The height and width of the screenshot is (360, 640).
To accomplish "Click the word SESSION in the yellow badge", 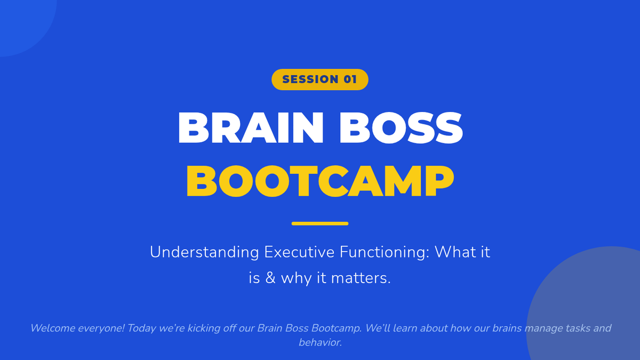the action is tap(310, 79).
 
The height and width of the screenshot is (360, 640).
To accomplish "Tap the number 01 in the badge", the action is tap(350, 79).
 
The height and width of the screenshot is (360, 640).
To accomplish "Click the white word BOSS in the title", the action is tap(401, 127).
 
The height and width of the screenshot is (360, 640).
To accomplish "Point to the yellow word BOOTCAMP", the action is tap(320, 181).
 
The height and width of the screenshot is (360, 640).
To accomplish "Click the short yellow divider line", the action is tap(320, 223).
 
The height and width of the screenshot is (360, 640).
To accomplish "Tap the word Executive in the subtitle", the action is tap(299, 252).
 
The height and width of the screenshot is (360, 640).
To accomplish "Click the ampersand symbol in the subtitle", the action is tap(270, 278).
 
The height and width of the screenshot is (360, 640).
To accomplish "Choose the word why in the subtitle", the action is tap(297, 278).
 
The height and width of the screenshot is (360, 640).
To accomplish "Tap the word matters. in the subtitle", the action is tap(361, 278).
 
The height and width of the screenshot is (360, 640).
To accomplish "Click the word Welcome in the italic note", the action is tap(53, 328).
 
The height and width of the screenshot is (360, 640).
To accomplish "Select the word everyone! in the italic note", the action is tap(101, 329).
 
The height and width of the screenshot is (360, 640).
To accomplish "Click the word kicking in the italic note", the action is tap(204, 329).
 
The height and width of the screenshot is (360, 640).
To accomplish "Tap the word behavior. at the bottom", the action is tap(320, 342).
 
